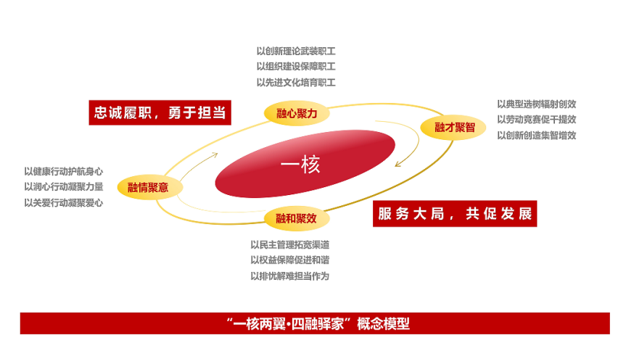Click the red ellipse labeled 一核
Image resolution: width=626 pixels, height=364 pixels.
305,164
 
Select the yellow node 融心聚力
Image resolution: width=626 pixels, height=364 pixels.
297,113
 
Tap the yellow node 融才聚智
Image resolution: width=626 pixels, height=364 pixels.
453,128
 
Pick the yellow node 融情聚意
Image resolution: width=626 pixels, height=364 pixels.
150,187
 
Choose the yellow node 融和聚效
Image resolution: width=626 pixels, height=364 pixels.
297,218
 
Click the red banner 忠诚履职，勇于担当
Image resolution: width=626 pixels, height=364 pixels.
160,112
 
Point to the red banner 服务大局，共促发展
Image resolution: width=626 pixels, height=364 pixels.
455,213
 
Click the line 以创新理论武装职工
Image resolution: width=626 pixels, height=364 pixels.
296,51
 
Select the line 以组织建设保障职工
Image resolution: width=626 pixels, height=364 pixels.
296,67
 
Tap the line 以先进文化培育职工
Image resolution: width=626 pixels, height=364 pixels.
296,83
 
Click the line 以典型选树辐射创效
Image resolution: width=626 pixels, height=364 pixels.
537,104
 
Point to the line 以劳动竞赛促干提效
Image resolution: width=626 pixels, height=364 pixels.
537,120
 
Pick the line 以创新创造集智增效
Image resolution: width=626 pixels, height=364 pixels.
537,136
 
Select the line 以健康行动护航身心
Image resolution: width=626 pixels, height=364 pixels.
64,172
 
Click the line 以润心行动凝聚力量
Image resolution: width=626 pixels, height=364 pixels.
64,187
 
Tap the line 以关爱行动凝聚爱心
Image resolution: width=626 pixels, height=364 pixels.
64,203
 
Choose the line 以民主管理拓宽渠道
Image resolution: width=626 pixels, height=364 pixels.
290,244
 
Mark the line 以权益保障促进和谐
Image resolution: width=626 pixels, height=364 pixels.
290,260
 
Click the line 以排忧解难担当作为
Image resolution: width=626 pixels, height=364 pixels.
290,276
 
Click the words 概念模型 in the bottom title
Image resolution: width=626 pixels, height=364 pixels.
383,323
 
